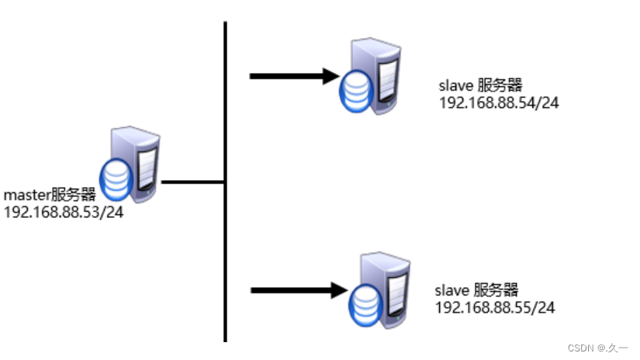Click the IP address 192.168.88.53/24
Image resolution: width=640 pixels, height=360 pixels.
[x=64, y=210]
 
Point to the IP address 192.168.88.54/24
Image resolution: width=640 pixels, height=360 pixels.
[x=499, y=103]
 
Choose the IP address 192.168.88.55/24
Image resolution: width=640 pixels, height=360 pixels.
[x=496, y=307]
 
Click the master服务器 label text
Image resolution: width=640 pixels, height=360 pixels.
[x=50, y=195]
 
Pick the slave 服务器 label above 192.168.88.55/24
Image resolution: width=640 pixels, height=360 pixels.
[x=476, y=291]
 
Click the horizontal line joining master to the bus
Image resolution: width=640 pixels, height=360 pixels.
[x=192, y=182]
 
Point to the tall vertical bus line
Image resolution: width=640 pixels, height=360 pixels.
[x=225, y=233]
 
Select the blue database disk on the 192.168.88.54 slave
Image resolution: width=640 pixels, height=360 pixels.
[x=356, y=90]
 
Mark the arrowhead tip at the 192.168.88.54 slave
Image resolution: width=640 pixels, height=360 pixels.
[x=338, y=76]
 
